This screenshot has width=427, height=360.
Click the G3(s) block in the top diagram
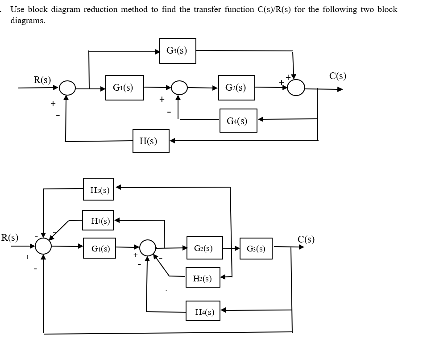178,51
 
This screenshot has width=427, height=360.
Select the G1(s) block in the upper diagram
124,88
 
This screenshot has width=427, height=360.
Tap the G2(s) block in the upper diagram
237,88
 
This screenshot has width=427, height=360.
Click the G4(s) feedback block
238,121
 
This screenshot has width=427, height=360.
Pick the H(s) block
151,141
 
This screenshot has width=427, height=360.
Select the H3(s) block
98,189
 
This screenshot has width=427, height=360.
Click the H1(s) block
98,221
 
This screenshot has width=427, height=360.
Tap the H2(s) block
203,278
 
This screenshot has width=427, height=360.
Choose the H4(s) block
203,311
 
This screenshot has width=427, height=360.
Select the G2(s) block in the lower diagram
204,248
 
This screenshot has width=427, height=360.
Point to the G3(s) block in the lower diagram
256,249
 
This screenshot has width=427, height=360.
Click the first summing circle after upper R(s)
67,88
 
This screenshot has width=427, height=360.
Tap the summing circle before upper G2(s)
179,88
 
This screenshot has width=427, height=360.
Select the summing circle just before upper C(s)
296,88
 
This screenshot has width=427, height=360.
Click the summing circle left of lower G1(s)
43,246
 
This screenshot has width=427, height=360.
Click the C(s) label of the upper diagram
337,75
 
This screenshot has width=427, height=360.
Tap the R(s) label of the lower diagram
10,237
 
